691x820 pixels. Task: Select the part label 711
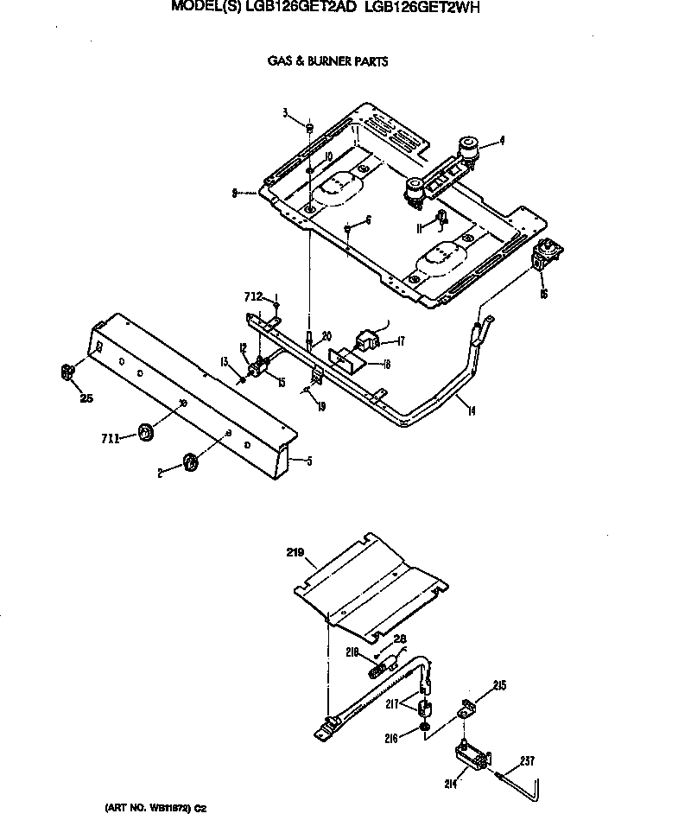[111, 439]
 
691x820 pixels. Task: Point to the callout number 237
[528, 761]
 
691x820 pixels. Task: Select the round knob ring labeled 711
[145, 431]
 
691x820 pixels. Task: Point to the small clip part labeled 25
[67, 372]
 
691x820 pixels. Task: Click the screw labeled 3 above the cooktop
[308, 127]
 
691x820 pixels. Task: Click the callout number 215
[499, 686]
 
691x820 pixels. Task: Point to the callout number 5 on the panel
[309, 461]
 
